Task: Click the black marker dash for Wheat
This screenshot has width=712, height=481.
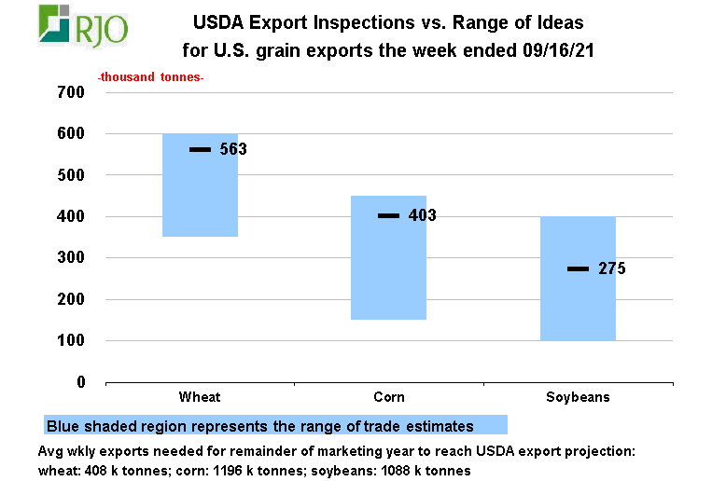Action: pyautogui.click(x=201, y=149)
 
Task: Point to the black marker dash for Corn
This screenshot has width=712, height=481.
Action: pyautogui.click(x=389, y=215)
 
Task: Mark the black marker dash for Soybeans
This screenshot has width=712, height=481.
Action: pyautogui.click(x=579, y=268)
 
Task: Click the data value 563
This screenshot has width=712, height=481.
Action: pyautogui.click(x=233, y=149)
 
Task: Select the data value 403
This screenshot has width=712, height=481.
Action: pyautogui.click(x=423, y=215)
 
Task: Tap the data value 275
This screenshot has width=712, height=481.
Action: pyautogui.click(x=612, y=268)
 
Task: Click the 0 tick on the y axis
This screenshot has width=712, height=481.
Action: pyautogui.click(x=80, y=382)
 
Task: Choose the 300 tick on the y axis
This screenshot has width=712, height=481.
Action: pyautogui.click(x=72, y=258)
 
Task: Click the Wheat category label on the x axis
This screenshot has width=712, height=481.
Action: pyautogui.click(x=200, y=397)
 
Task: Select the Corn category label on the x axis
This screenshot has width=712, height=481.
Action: pyautogui.click(x=389, y=397)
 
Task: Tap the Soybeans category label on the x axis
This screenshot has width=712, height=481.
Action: pyautogui.click(x=579, y=397)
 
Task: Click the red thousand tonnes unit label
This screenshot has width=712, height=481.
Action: pyautogui.click(x=150, y=78)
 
